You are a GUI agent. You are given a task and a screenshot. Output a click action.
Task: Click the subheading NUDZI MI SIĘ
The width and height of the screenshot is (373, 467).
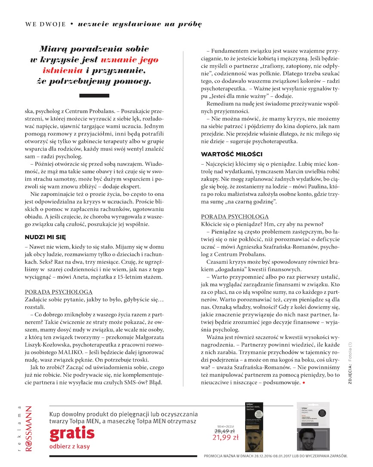[45, 237]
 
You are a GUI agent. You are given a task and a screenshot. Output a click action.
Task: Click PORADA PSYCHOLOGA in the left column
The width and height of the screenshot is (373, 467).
[59, 292]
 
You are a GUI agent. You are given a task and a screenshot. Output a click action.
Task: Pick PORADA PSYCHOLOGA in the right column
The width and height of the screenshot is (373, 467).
[235, 216]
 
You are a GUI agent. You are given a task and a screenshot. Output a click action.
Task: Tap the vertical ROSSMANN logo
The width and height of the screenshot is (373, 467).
[28, 428]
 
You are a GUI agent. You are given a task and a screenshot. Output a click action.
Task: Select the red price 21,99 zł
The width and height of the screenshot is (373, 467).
[225, 438]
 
